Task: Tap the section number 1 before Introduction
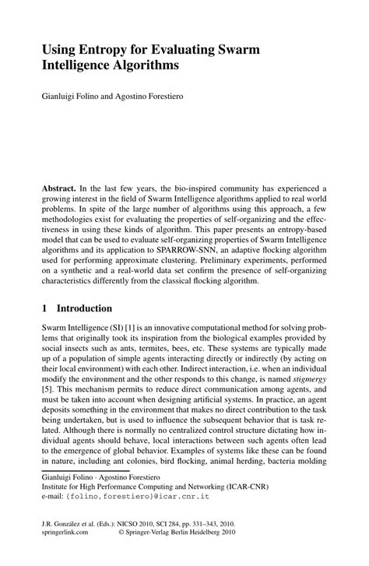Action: coord(45,308)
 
